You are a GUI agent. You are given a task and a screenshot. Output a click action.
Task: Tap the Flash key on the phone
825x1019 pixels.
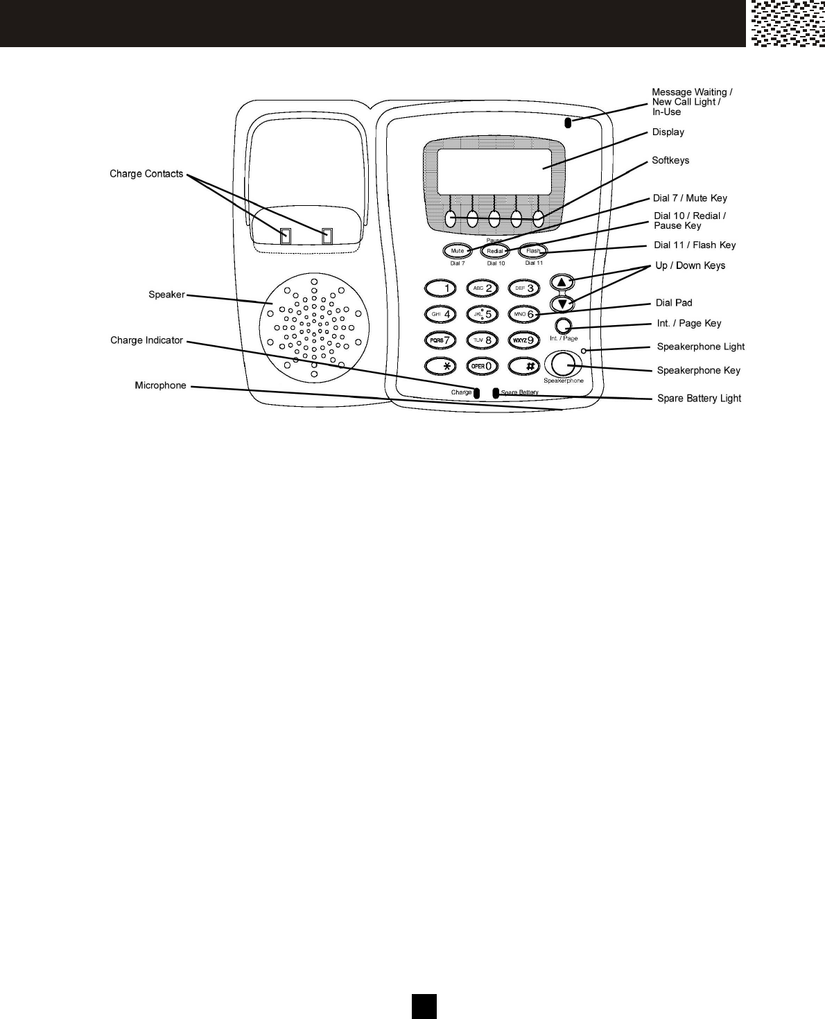(533, 251)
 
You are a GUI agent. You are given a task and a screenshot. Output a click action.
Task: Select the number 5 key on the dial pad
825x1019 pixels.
(483, 314)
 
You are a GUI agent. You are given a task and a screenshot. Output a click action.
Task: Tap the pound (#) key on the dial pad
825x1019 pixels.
(524, 365)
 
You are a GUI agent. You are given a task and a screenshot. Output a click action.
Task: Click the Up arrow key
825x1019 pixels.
(562, 282)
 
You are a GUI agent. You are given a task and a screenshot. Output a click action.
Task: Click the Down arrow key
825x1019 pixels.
(562, 304)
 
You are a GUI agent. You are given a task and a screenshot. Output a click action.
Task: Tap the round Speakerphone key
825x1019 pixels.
(563, 363)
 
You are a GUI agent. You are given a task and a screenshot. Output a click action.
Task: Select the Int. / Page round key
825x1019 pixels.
(564, 325)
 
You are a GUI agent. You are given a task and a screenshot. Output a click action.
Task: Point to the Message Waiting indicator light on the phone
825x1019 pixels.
(568, 124)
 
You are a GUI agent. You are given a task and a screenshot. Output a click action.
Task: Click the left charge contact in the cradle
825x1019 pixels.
(285, 236)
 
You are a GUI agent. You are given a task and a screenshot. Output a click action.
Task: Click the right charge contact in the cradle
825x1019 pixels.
(327, 236)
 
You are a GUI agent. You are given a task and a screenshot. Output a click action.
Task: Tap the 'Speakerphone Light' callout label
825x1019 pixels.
(700, 347)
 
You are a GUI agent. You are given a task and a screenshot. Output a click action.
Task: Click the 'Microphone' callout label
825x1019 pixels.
(160, 385)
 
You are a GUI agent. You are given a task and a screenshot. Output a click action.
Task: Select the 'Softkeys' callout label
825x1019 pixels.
(670, 160)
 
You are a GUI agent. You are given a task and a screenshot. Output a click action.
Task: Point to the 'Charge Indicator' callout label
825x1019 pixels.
(146, 340)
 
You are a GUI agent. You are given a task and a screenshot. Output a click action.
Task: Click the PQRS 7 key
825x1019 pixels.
(441, 340)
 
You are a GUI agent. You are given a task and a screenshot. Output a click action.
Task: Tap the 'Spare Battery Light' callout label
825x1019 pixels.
(699, 399)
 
